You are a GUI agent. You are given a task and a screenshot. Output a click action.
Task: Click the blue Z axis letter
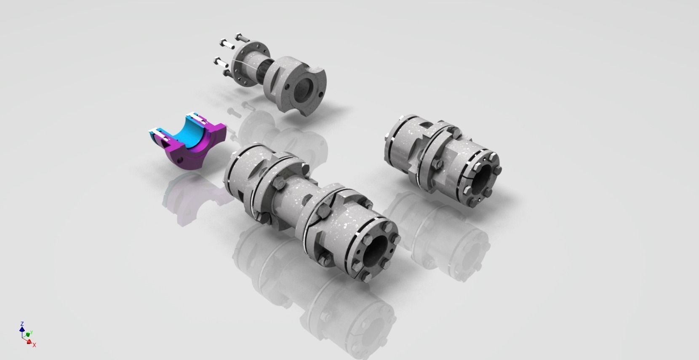(21, 323)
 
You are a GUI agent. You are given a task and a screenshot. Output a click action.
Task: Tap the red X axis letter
(35, 345)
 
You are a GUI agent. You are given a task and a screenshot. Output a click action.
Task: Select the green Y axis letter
(32, 332)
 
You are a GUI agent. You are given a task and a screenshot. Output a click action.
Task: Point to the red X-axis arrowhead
(29, 342)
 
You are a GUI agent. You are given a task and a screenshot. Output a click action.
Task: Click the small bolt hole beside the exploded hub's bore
(287, 86)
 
